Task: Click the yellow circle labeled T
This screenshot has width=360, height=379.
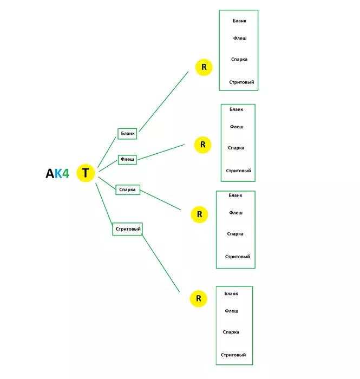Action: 86,173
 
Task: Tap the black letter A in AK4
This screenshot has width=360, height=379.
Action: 50,174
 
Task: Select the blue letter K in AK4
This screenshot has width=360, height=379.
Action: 58,174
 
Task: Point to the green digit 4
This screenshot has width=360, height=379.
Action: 66,174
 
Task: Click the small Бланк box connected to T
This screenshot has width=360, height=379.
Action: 128,133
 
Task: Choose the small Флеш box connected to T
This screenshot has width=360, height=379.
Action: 127,160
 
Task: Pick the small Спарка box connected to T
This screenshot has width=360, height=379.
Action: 128,190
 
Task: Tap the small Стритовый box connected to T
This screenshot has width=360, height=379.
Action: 128,229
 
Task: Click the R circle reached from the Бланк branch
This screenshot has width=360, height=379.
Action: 204,68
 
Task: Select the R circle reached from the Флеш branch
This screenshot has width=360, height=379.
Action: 203,145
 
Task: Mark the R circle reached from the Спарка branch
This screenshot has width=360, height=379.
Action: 199,214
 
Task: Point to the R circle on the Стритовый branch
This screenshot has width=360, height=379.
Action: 199,298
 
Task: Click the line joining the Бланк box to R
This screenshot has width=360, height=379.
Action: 163,101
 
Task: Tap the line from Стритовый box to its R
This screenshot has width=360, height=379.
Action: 160,264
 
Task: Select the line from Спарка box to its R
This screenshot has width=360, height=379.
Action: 160,200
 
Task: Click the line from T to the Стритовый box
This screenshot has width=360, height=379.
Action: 104,204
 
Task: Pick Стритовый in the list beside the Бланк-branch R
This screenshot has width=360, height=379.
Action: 241,82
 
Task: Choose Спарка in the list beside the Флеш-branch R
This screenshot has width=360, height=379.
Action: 236,148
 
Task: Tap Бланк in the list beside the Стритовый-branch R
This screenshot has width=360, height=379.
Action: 231,293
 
